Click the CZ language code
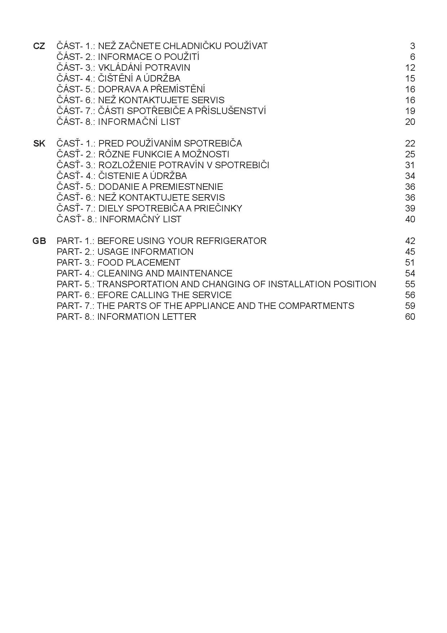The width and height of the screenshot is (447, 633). point(39,46)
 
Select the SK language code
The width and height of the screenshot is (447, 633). point(39,144)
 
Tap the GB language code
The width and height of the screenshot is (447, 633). point(39,241)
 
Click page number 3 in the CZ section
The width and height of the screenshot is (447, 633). point(412,46)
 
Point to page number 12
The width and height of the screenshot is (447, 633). point(410,68)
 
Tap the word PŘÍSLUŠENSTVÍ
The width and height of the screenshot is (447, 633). point(230,111)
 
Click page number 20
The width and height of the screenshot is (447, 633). point(410,122)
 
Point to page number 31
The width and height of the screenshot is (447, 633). point(410,165)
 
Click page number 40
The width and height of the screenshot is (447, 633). point(410,219)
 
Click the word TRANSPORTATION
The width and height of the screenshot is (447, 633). point(137,284)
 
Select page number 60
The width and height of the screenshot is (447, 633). point(410,317)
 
